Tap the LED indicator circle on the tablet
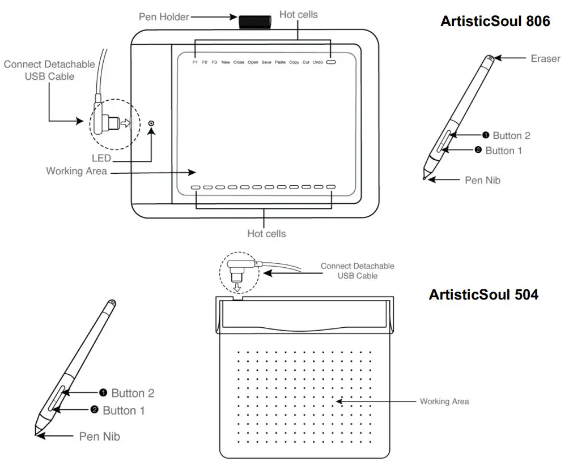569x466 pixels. coord(151,123)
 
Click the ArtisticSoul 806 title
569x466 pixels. coord(495,22)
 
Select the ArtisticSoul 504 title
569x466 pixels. coord(483,294)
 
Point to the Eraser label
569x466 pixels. coord(545,58)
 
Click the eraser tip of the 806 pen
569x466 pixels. coord(489,57)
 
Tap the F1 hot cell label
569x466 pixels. coord(195,62)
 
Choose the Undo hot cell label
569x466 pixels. coord(317,62)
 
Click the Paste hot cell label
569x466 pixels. coord(280,62)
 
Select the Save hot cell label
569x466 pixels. coord(266,62)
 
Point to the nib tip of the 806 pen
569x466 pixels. coord(424,179)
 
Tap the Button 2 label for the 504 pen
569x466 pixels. coord(133,393)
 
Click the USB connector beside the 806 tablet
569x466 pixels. coord(109,121)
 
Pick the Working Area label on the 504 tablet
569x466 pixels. coord(444,401)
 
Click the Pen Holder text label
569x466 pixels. coord(164,17)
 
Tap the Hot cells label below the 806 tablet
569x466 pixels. coord(266,233)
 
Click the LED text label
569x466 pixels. coord(101,159)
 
